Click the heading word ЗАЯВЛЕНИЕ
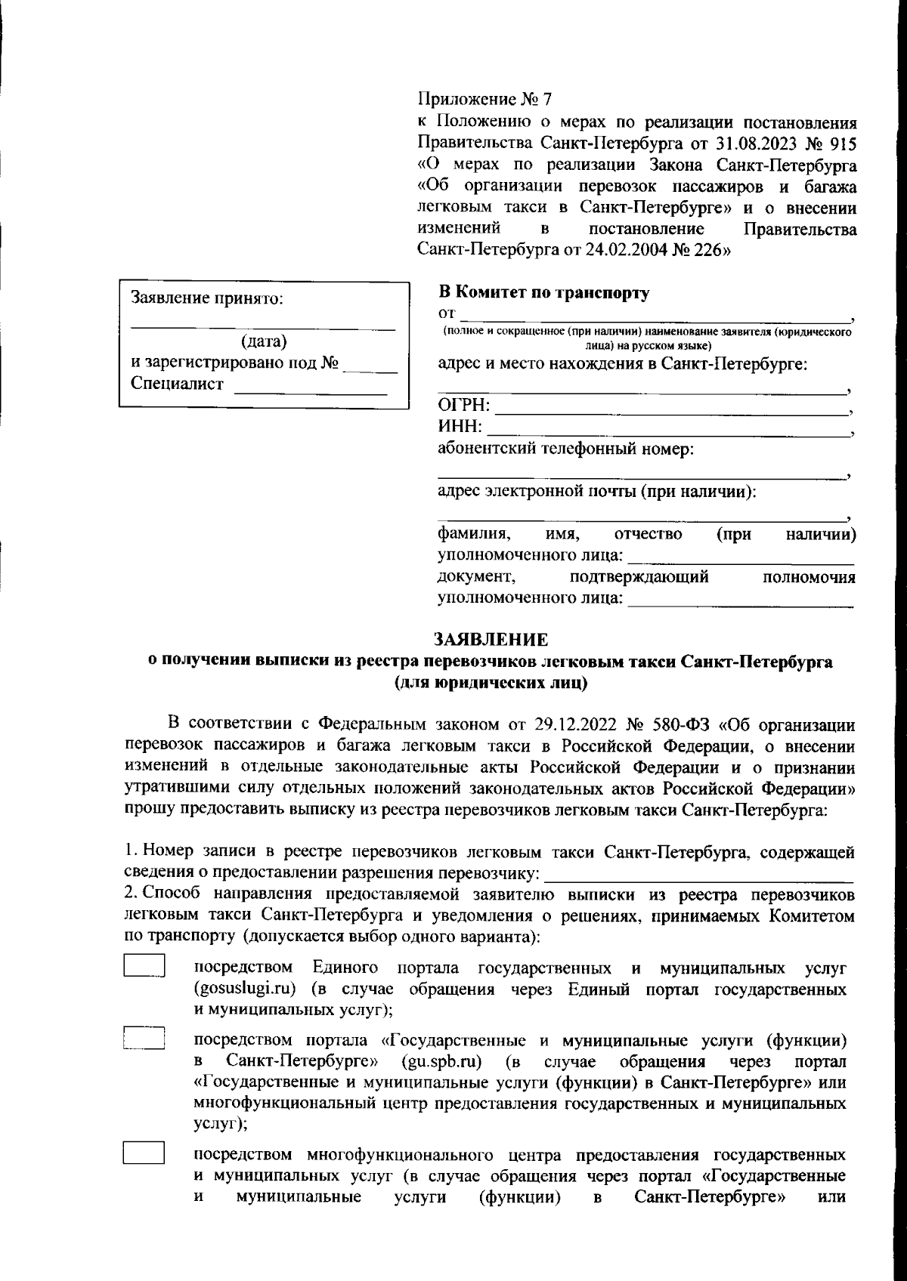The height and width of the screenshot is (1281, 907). click(491, 640)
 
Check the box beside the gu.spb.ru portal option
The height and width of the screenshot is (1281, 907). click(144, 1039)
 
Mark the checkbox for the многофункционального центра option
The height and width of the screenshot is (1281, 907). click(144, 1153)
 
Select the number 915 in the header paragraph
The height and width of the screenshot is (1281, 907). click(842, 142)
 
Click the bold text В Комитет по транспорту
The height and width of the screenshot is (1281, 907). click(543, 292)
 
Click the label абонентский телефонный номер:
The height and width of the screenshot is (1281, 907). click(565, 449)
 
